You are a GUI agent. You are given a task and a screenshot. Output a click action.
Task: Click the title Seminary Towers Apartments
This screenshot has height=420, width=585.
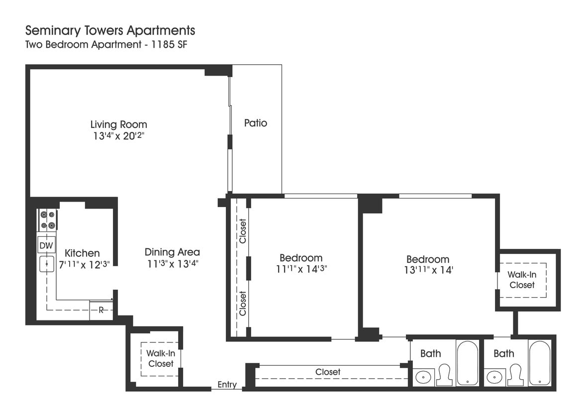tap(110, 30)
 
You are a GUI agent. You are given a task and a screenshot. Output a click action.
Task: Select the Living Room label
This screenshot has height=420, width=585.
tap(118, 124)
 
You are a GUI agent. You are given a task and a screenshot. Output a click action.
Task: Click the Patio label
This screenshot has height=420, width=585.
tap(255, 123)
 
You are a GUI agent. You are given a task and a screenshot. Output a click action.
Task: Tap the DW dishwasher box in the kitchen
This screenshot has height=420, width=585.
tap(46, 245)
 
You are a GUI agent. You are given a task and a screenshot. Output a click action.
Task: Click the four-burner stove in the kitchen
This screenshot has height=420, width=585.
tap(48, 220)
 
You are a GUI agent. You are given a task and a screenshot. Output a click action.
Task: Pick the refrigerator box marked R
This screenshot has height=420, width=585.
tap(101, 310)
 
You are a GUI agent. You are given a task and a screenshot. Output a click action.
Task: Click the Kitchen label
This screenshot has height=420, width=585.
tap(82, 253)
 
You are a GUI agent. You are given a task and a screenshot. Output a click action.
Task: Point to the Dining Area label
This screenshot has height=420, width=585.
tap(172, 252)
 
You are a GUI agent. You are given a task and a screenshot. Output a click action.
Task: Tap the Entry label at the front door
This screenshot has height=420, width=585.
tap(227, 385)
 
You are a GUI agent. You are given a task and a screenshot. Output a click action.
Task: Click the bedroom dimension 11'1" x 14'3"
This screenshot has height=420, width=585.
tap(300, 269)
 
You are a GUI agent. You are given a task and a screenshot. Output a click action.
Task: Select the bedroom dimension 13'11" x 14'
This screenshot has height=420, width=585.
tap(427, 270)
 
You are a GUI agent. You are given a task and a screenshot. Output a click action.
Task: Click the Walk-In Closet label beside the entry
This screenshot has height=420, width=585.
tap(160, 358)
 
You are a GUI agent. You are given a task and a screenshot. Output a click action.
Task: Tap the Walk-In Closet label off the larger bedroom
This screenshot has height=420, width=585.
tap(522, 280)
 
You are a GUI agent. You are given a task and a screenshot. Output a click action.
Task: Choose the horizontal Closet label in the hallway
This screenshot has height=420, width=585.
tap(328, 372)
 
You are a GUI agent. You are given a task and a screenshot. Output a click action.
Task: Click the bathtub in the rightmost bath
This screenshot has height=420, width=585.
tap(539, 363)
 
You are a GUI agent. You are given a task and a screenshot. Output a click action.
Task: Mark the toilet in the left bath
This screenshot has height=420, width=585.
tap(444, 375)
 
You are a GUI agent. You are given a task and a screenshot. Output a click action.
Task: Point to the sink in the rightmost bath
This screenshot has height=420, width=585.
tap(495, 377)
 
